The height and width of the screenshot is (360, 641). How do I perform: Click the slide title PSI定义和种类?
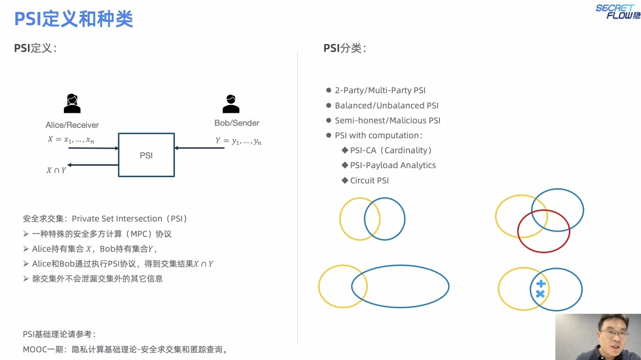tap(74, 19)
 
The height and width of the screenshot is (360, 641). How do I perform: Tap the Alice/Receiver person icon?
tap(72, 104)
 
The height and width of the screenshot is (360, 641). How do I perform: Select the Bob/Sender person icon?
tap(231, 104)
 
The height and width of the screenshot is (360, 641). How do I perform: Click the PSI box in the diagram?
tap(146, 155)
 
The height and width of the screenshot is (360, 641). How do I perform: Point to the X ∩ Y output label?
tap(56, 170)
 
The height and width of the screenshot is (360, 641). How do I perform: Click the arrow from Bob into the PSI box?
tap(200, 148)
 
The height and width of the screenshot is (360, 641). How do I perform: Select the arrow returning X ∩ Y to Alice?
tap(93, 165)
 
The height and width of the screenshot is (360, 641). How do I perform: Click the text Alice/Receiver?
tap(72, 125)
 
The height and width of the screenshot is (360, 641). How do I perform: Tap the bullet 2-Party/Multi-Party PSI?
tap(380, 90)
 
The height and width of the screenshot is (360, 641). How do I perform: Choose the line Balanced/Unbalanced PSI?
tap(387, 106)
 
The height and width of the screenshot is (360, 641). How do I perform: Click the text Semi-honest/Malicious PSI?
tap(387, 121)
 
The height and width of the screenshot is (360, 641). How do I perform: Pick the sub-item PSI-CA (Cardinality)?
tap(390, 150)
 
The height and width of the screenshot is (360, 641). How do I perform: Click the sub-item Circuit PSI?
tap(369, 180)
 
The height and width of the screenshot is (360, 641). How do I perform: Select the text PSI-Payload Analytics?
tap(393, 165)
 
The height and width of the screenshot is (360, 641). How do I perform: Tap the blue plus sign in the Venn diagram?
tap(541, 284)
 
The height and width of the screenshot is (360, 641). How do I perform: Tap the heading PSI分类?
tap(344, 48)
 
